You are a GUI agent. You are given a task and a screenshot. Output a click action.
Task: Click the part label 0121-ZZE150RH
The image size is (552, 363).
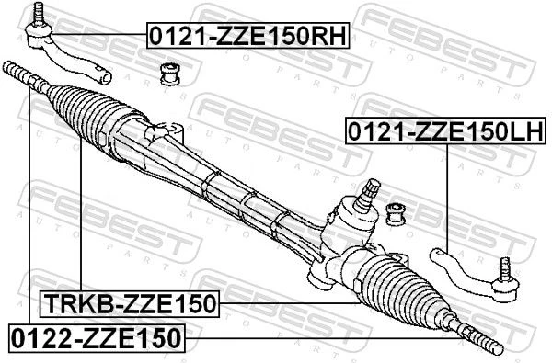(247, 35)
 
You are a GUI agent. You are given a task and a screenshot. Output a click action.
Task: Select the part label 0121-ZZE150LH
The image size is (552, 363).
(446, 130)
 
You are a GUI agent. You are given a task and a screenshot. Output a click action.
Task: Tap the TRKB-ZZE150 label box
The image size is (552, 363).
(130, 304)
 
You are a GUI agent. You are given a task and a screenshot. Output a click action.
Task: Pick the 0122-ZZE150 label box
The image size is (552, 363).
(97, 338)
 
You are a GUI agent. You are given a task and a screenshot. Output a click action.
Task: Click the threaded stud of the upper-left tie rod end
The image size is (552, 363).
(38, 13)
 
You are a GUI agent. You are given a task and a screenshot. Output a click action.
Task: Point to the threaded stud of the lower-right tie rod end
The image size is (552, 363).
(505, 268)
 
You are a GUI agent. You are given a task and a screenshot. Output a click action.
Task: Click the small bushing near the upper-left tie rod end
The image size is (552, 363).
(170, 74)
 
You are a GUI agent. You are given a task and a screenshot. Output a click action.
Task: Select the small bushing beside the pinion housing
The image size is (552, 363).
(397, 214)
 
